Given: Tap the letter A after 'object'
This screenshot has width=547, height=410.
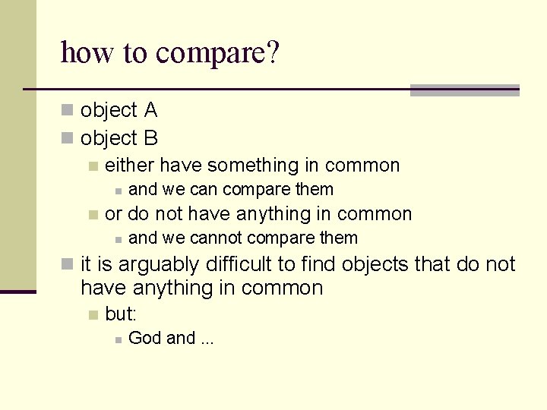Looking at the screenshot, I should coord(150,111).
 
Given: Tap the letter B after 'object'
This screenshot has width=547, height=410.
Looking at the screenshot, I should coord(150,138).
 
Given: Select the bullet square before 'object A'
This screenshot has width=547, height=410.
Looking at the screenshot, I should coord(68,111).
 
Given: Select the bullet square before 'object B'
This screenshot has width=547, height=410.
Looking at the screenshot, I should coord(68,138).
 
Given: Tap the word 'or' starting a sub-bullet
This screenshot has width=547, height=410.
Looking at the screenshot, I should coord(113,214).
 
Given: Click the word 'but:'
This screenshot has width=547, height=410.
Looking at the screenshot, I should coord(121,314).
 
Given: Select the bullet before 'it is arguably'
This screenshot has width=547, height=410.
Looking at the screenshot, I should coord(68,264).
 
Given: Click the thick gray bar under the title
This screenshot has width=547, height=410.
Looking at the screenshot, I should coord(464,90).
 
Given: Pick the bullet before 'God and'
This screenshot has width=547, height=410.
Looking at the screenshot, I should coord(118,339).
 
